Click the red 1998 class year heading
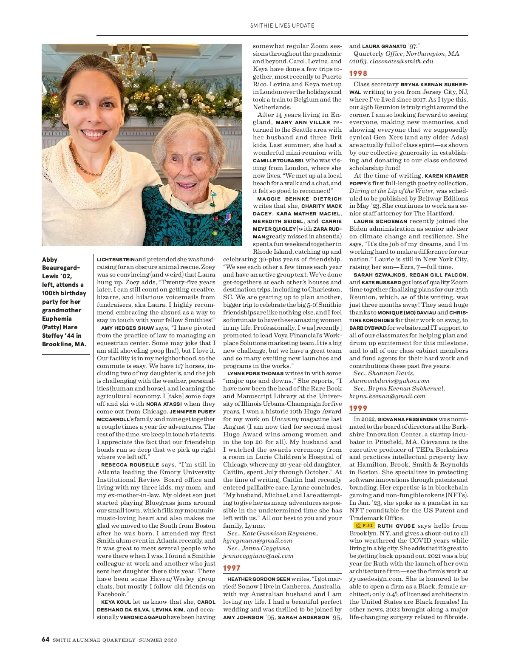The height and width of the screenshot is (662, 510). click(x=358, y=74)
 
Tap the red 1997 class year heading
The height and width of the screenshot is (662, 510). click(x=232, y=568)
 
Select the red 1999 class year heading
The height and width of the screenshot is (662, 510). click(x=358, y=408)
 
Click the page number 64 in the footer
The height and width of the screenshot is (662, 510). click(x=45, y=639)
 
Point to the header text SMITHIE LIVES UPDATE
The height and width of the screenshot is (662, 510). click(x=282, y=25)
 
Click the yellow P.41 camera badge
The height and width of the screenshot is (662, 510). click(x=364, y=526)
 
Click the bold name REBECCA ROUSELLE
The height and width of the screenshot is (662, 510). click(x=130, y=465)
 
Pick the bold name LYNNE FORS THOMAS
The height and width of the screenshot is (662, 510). click(x=255, y=373)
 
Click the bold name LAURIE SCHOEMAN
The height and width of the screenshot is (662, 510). click(x=380, y=221)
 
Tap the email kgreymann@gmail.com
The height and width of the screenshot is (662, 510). click(x=258, y=541)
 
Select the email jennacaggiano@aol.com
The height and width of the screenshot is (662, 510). click(x=258, y=556)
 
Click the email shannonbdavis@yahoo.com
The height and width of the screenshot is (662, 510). click(x=389, y=381)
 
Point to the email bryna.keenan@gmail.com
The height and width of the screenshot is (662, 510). click(x=387, y=396)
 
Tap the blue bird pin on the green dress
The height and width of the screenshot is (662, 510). click(x=228, y=217)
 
